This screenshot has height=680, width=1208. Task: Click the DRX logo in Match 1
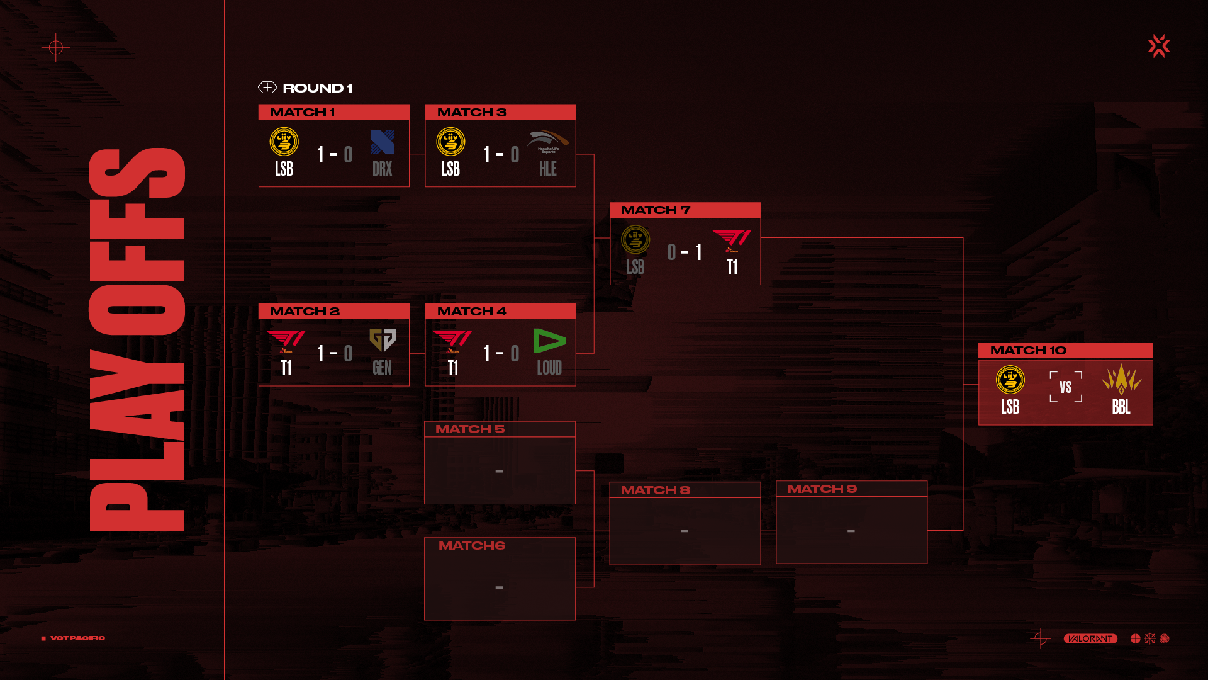coord(383,142)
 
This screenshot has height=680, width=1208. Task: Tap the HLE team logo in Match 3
coord(547,140)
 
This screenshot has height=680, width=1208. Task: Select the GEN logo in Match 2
coord(383,340)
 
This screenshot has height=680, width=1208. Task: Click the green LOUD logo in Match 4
coord(549,341)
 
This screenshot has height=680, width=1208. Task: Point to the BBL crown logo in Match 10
coord(1121,380)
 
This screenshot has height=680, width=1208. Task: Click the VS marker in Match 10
coord(1065,387)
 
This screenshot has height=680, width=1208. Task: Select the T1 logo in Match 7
coord(732,240)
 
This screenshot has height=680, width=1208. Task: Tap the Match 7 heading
coord(656,210)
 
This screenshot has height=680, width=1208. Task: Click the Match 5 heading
coord(470,429)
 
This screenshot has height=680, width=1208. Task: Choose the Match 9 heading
coord(822,489)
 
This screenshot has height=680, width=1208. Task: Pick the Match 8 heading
coord(655,490)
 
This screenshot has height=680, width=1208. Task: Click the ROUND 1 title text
coord(317,88)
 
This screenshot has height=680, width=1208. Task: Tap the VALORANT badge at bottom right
coord(1090,638)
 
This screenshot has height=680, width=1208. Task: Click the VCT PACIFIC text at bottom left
coord(77,638)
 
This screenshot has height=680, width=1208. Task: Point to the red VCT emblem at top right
coord(1158,46)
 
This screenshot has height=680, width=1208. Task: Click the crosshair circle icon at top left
coord(56,47)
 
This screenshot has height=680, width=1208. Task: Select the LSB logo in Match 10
coord(1010,380)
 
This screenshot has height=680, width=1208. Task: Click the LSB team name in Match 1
coord(284,169)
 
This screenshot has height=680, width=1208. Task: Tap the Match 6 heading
coord(471,546)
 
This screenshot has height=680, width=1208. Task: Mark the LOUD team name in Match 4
coord(549,368)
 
